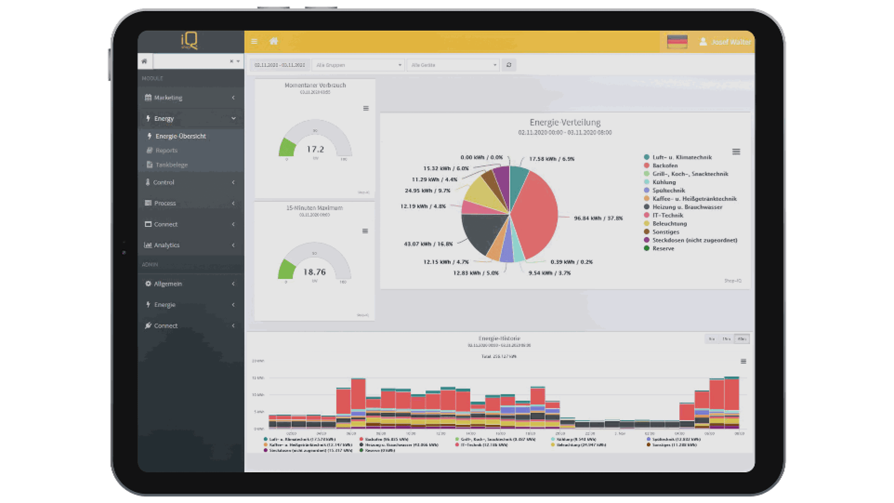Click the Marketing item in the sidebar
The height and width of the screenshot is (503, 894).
(x=168, y=98)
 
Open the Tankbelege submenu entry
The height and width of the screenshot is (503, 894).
(x=171, y=165)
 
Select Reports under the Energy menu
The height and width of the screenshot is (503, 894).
(x=166, y=150)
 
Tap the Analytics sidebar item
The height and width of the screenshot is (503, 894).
(x=166, y=245)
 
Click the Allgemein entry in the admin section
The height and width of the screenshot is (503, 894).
(x=168, y=284)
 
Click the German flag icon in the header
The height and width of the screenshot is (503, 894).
(x=677, y=42)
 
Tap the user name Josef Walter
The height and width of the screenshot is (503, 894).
(x=731, y=42)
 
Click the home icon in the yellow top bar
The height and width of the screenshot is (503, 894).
(x=274, y=41)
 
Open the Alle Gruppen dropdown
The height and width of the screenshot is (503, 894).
(x=358, y=65)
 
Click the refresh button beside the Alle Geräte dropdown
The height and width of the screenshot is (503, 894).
(x=509, y=65)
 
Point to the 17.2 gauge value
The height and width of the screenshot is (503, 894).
(x=315, y=150)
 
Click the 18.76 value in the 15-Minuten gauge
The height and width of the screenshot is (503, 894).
(x=314, y=272)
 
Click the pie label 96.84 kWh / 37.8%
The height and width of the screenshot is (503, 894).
(x=598, y=218)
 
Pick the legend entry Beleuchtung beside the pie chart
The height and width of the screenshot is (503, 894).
(x=669, y=224)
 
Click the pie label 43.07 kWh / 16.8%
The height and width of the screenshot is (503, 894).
(x=428, y=244)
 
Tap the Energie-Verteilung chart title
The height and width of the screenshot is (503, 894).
(x=565, y=122)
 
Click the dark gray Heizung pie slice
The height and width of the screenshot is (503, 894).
(x=482, y=231)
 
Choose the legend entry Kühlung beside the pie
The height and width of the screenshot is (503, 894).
(x=664, y=183)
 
